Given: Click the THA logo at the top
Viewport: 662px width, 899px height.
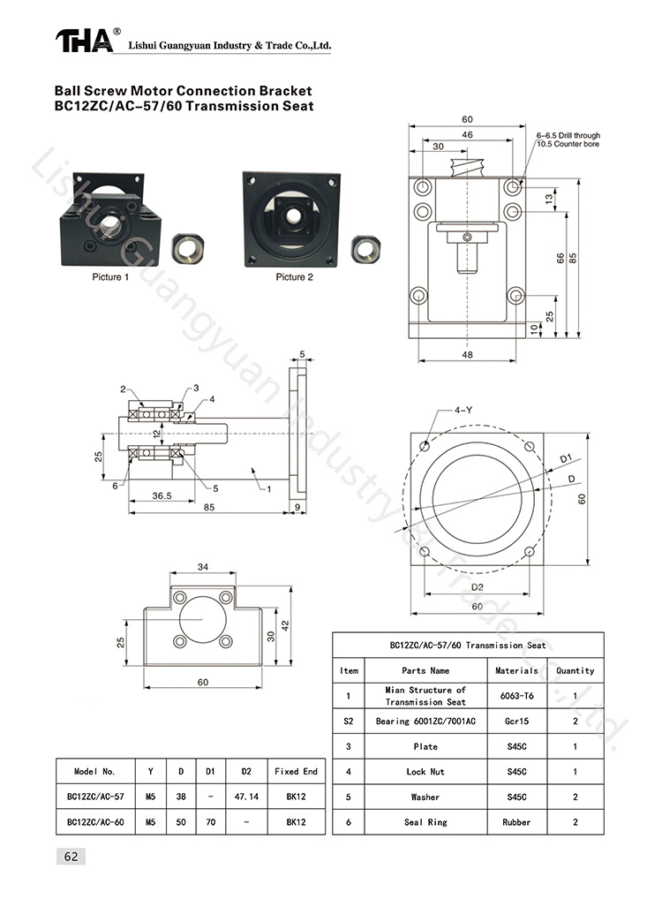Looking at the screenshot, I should (86, 41).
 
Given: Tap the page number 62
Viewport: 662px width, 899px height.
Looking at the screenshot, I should (71, 856).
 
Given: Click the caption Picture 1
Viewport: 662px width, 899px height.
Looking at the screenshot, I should (111, 277).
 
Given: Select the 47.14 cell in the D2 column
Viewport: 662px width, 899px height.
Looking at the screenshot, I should (246, 797).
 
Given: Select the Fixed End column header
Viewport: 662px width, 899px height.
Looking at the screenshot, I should (296, 771).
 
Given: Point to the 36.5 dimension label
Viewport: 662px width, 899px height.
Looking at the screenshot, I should (162, 496).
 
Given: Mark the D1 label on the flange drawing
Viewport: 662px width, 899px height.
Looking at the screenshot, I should (566, 458).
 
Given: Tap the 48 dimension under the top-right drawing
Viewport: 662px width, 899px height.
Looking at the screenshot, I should (467, 354).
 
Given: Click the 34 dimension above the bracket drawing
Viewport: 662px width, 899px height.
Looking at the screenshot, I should (203, 567).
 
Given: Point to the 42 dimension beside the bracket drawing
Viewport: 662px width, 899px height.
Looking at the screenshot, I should (284, 624).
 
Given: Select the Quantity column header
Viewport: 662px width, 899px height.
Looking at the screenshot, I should (575, 671).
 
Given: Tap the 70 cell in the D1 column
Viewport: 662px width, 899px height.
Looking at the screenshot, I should (210, 822).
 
